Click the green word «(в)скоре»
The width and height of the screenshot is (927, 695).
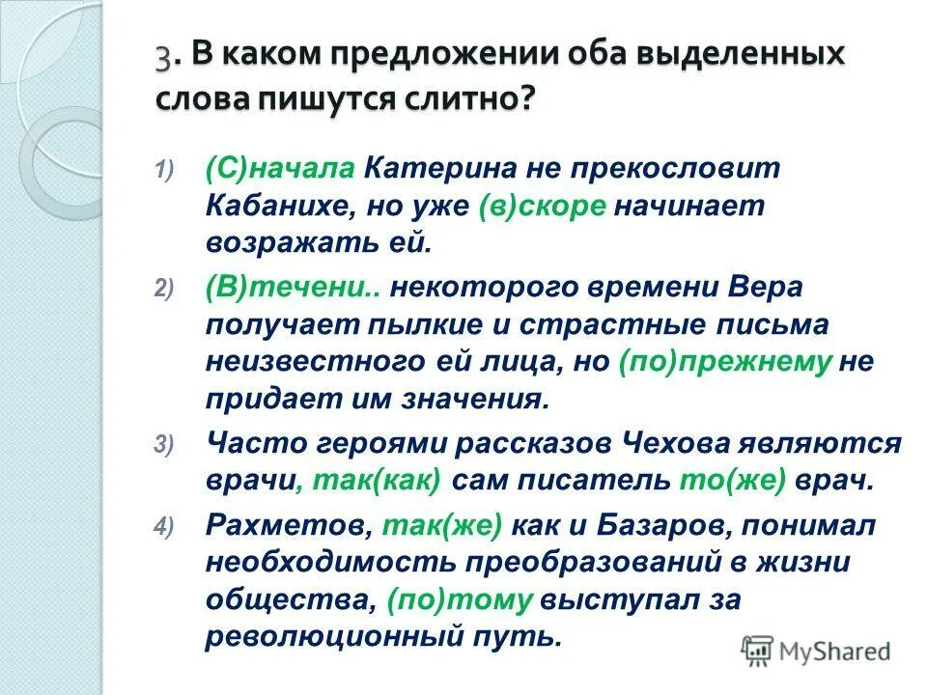tap(543, 207)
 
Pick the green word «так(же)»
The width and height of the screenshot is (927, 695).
tap(443, 527)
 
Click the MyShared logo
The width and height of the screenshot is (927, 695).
tap(816, 652)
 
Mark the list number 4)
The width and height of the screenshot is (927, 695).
tap(162, 527)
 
